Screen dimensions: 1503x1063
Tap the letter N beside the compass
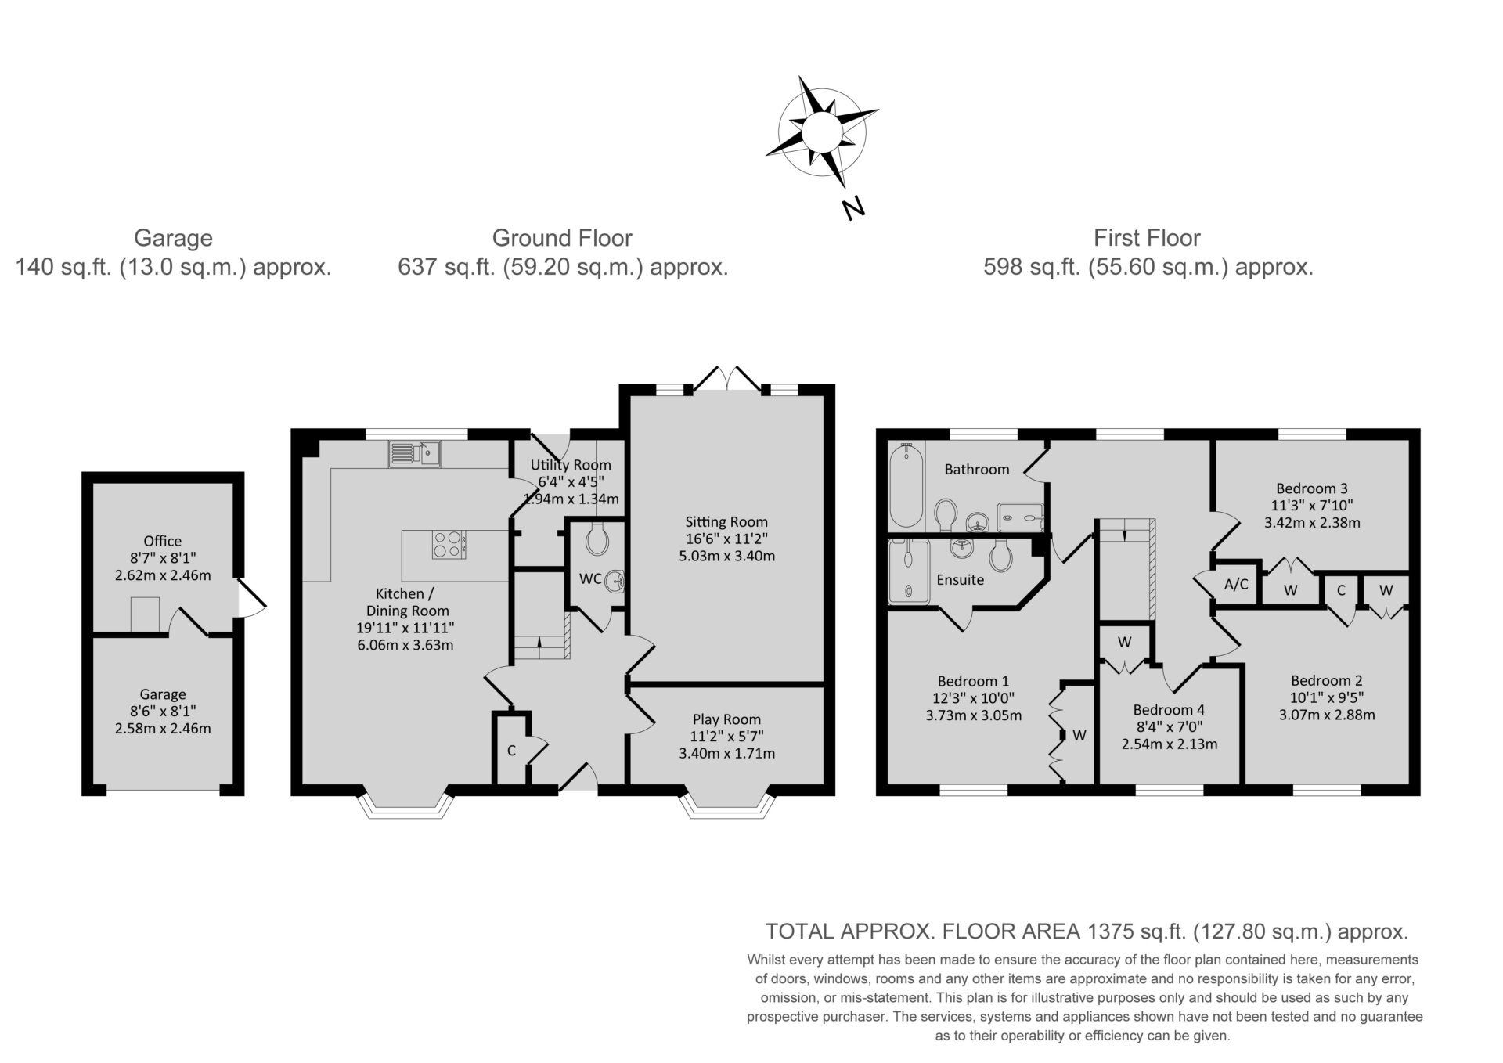tap(852, 208)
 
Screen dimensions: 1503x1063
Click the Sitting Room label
tap(726, 521)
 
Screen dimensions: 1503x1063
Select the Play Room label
tap(726, 719)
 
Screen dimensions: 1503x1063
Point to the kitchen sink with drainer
tap(414, 454)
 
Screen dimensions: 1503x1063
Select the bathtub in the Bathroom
tap(906, 485)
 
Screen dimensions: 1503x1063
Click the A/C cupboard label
tap(1236, 584)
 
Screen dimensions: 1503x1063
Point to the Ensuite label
tap(961, 580)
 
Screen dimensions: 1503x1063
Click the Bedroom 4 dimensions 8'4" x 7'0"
tap(1169, 727)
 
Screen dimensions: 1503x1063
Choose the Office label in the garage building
tap(163, 541)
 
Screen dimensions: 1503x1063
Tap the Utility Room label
tap(571, 465)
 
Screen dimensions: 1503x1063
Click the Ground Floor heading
tap(562, 238)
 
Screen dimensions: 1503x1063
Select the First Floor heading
tap(1147, 238)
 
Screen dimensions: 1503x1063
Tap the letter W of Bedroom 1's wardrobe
tap(1079, 735)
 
